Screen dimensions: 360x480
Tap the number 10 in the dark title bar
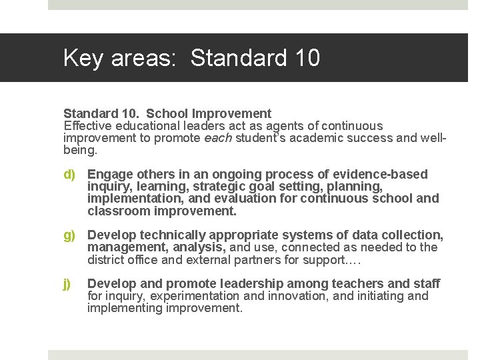(x=305, y=58)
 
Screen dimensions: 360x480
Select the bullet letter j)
(x=67, y=283)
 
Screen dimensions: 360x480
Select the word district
(x=107, y=259)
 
